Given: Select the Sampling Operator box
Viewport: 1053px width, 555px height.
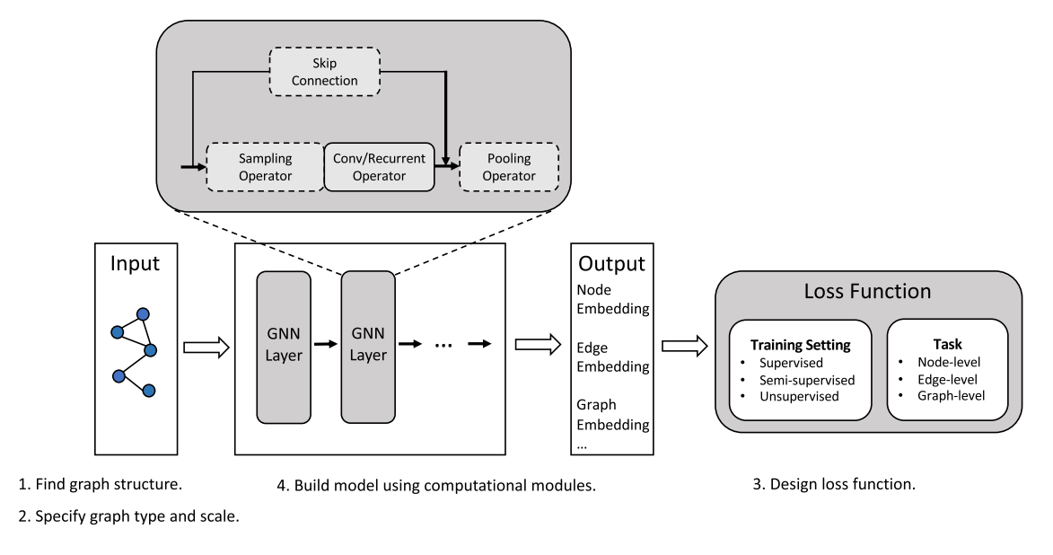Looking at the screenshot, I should [x=265, y=166].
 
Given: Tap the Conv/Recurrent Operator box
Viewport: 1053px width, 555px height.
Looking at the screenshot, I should [x=378, y=166].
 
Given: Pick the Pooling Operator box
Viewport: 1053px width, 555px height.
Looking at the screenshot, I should [x=508, y=166].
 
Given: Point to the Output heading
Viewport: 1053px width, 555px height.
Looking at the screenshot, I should [x=611, y=264].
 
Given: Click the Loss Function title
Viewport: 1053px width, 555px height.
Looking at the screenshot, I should [x=866, y=291].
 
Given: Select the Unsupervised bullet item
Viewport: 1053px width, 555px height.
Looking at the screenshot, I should [x=800, y=395].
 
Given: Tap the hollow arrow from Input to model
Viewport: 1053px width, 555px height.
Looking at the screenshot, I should [x=206, y=348].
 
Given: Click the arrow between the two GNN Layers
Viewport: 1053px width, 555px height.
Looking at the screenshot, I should [x=324, y=344].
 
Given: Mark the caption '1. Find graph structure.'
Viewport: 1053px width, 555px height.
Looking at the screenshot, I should [x=101, y=485].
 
